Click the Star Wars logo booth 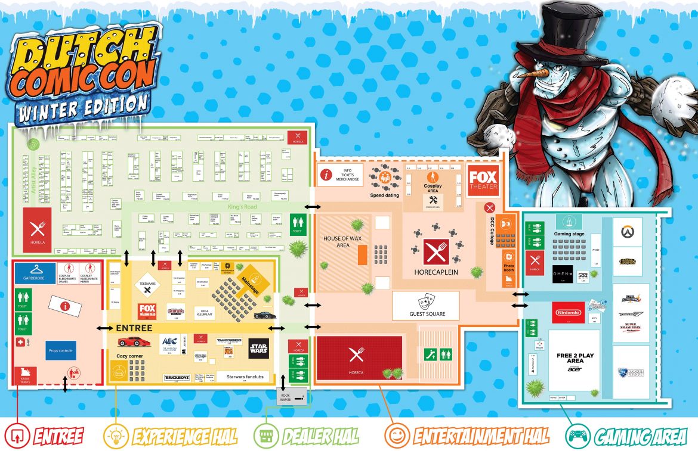click(258, 348)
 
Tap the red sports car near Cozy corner click(133, 341)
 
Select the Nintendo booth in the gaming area click(568, 312)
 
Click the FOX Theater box click(483, 180)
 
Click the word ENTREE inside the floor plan click(134, 328)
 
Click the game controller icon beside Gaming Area click(576, 436)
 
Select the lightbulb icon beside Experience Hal click(115, 436)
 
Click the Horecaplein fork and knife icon click(436, 251)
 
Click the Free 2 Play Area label click(575, 359)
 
